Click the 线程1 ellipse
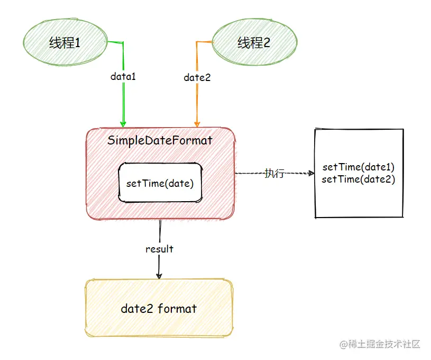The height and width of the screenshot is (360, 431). [66, 43]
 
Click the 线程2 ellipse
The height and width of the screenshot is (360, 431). [254, 43]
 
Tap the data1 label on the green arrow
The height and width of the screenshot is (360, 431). [123, 76]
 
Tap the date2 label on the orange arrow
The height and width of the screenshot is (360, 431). [197, 78]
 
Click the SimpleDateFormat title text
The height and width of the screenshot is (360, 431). [160, 140]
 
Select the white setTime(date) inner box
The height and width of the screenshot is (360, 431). [160, 183]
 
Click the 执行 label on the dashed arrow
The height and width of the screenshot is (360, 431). [274, 173]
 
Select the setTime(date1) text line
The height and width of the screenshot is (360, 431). [359, 167]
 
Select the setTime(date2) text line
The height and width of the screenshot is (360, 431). [359, 179]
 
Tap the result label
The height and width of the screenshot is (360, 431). [159, 249]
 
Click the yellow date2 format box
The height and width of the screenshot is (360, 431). [159, 308]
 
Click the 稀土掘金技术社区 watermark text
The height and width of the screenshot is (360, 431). [384, 344]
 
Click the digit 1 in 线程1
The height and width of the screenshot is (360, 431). [78, 43]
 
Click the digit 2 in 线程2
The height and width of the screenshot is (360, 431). [267, 43]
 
